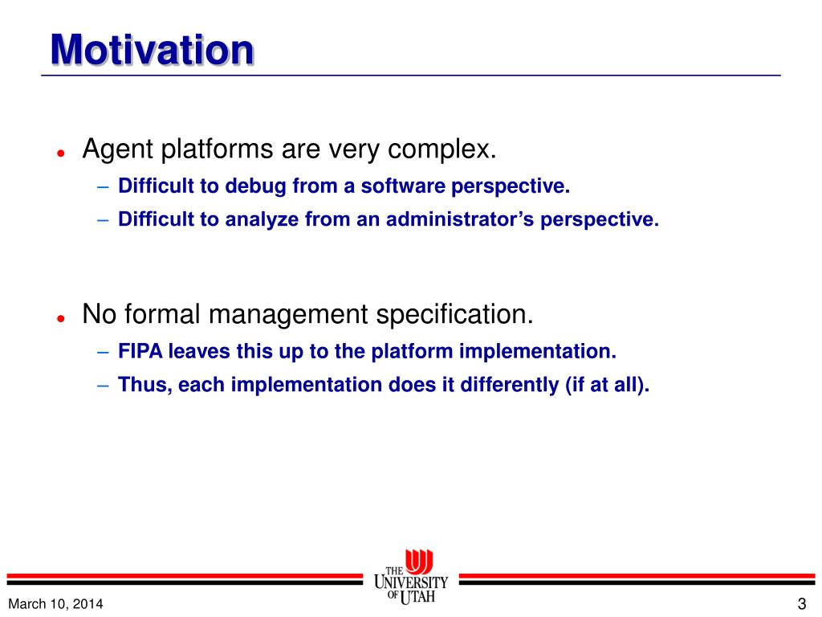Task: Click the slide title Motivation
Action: [x=152, y=49]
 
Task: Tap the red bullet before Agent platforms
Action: [x=61, y=153]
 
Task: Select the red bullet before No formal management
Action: [x=61, y=318]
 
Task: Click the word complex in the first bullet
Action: [x=442, y=150]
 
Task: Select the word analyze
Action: [x=262, y=220]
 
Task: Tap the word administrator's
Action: [x=460, y=219]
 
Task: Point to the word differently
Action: [x=510, y=385]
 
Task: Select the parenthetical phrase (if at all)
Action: [x=607, y=385]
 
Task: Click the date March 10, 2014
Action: [x=55, y=604]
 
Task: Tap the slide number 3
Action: [x=802, y=604]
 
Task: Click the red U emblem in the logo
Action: [x=419, y=562]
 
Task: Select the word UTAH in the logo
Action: [x=417, y=597]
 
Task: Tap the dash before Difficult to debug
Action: [x=103, y=186]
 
